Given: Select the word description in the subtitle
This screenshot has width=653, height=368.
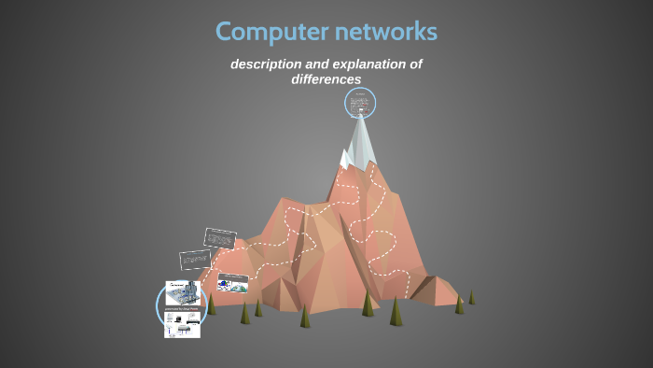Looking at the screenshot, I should click(x=269, y=64).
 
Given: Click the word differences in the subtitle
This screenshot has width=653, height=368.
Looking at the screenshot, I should click(x=326, y=79).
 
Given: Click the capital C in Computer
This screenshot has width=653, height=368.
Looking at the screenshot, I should click(x=225, y=32).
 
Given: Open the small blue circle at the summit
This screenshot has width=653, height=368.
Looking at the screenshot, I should click(x=360, y=103).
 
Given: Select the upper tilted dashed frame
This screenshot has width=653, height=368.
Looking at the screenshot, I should click(x=221, y=237).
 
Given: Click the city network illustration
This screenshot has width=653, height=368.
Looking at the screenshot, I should click(x=183, y=293).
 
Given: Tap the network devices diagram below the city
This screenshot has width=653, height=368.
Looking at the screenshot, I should click(x=183, y=324).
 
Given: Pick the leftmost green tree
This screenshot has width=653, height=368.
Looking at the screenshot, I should click(x=212, y=304).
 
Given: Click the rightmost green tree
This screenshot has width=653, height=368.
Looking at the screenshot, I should click(x=471, y=297).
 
